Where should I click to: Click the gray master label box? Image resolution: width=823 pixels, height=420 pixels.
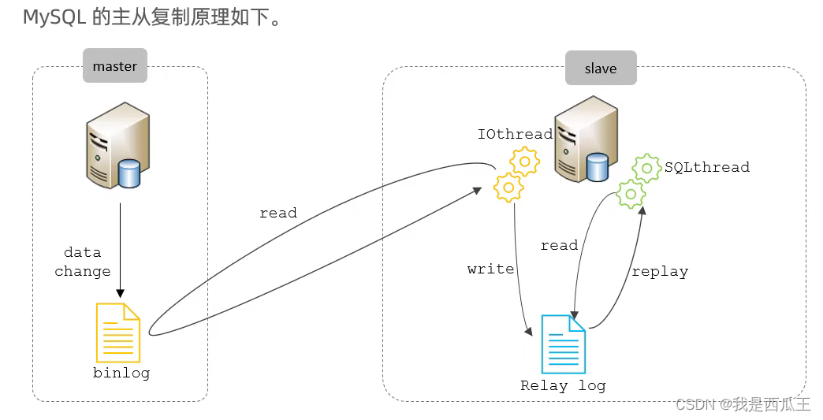click(115, 66)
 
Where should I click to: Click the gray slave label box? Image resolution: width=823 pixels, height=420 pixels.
click(601, 69)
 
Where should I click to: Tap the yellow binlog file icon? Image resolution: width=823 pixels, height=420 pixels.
click(118, 333)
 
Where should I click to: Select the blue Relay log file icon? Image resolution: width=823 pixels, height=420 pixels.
click(563, 344)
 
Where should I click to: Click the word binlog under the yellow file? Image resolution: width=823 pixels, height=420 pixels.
click(121, 373)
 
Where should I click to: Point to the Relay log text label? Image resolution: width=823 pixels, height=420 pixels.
click(563, 385)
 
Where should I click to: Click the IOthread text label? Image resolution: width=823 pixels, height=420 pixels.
click(515, 135)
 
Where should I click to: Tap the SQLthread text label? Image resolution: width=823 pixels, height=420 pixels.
click(706, 167)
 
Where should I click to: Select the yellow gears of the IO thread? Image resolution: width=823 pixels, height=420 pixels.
click(516, 174)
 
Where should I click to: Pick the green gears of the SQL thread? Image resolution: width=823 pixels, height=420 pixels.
click(639, 180)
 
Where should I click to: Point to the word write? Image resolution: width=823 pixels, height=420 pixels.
click(490, 269)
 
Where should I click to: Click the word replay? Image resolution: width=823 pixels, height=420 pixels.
click(660, 272)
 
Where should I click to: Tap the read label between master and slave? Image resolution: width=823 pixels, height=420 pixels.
click(278, 213)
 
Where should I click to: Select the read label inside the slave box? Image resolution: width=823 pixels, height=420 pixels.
click(559, 246)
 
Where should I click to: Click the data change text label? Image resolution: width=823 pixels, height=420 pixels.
click(83, 262)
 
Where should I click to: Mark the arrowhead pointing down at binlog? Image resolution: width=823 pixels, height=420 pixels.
click(120, 292)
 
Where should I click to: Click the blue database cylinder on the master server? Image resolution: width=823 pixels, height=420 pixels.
click(128, 173)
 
